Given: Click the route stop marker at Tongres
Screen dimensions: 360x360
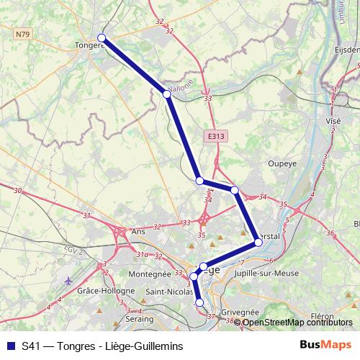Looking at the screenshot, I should (x=102, y=38).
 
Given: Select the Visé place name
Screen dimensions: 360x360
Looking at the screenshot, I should (x=333, y=122).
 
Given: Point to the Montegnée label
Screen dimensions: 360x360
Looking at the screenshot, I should (x=148, y=274).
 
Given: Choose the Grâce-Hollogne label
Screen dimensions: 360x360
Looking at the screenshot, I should (x=106, y=291).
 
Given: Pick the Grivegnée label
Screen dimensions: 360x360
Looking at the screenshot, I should (x=239, y=312).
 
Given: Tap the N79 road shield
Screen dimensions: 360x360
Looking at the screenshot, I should (x=22, y=32).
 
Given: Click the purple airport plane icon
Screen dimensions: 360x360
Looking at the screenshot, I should (x=68, y=280).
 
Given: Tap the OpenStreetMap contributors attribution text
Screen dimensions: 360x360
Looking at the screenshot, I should (x=297, y=323).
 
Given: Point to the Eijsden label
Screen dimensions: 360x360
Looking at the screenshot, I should (x=347, y=50).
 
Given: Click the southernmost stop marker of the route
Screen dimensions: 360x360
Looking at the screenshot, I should (x=199, y=303).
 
